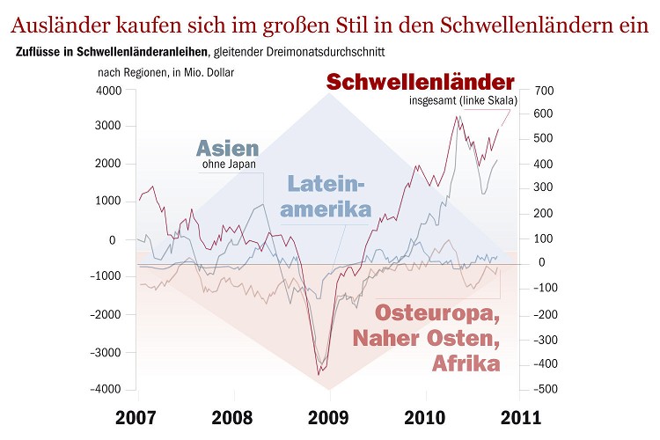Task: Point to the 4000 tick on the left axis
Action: tap(110, 91)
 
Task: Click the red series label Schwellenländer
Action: tap(420, 82)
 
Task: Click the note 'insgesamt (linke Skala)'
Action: tap(462, 100)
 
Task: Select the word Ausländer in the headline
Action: tap(73, 23)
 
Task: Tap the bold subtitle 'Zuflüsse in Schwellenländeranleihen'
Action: tap(114, 53)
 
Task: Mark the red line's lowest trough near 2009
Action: tap(319, 376)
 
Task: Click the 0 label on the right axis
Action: tap(542, 262)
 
